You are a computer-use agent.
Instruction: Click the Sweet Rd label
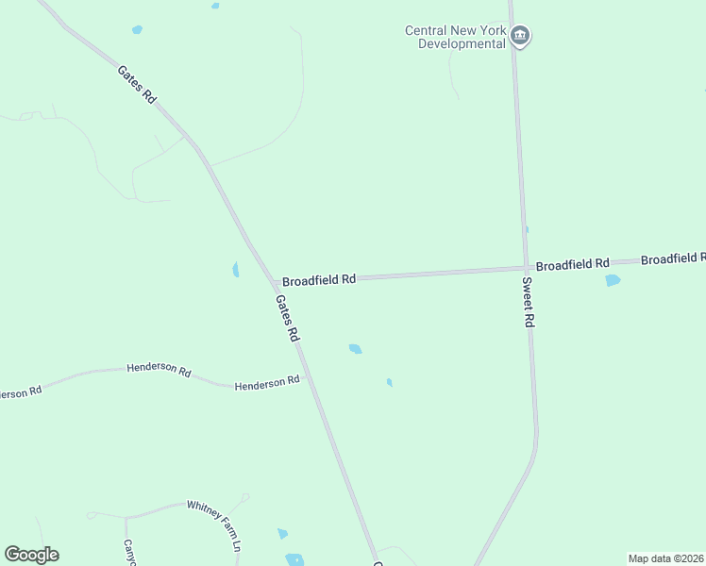point(529,302)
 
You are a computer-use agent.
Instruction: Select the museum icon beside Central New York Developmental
point(520,37)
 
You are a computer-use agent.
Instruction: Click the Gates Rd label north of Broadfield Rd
point(136,84)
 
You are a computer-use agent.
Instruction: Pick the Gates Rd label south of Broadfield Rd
point(287,318)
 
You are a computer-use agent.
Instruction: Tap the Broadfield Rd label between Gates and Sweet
point(319,280)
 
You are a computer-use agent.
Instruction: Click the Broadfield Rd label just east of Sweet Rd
point(572,265)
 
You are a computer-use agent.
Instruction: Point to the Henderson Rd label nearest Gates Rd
point(267,383)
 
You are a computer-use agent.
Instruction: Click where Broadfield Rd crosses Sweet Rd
point(525,268)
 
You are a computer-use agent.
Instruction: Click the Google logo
point(31,555)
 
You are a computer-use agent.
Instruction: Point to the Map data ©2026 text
point(664,558)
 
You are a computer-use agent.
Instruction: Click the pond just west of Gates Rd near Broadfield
point(235,270)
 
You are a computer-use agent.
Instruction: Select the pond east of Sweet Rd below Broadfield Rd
point(613,280)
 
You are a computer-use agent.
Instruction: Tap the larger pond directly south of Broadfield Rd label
point(355,349)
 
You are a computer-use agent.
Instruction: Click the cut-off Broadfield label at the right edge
point(673,258)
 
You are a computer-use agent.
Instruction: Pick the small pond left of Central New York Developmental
point(138,30)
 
